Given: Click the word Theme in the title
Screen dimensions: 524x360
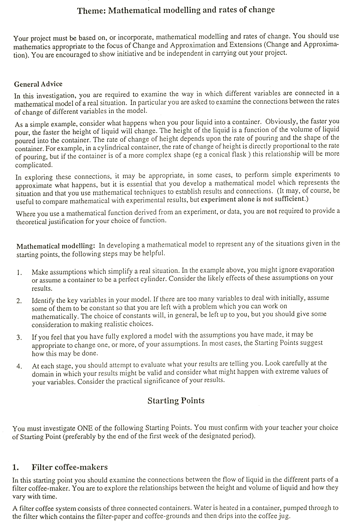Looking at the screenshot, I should pos(91,10).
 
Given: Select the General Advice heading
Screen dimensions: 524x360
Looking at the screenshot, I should pos(38,84).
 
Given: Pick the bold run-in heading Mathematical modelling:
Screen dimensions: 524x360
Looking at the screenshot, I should pos(56,246).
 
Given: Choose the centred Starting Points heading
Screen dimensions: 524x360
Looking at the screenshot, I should pos(176,401).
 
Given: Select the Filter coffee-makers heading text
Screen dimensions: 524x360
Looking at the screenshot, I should pos(69,467).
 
